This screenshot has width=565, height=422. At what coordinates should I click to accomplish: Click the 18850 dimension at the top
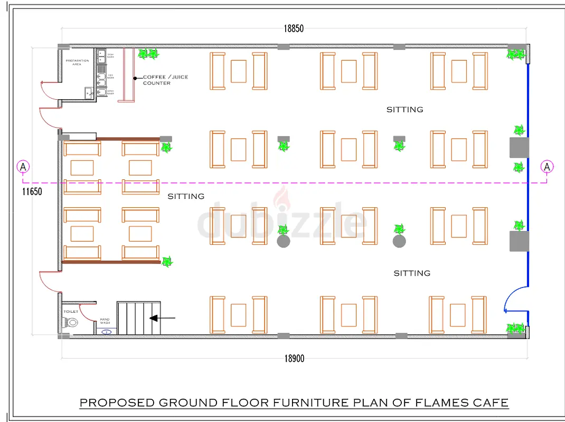coord(294,29)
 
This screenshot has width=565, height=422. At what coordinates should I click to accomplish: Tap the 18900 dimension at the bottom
coord(294,359)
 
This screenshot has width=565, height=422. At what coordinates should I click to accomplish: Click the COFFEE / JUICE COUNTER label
coord(165,80)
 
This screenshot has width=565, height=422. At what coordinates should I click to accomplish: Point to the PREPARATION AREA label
coord(77,63)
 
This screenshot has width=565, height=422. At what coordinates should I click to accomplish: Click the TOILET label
coord(71,312)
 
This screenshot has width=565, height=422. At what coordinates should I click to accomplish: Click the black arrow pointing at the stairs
coord(162,318)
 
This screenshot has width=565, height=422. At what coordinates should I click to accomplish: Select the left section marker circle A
coord(23,167)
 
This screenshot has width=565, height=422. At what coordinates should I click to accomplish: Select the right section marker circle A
coord(547,167)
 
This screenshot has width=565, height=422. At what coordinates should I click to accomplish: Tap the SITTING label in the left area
coord(186,196)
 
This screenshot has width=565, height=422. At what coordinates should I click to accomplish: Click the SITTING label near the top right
coord(404,110)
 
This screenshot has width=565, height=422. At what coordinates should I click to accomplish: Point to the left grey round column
coord(284,242)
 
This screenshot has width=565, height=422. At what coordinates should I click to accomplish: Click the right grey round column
coord(399,242)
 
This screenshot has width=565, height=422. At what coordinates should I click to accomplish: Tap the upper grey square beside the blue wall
coord(519,147)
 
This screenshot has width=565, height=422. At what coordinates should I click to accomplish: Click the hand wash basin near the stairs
coord(107,332)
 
